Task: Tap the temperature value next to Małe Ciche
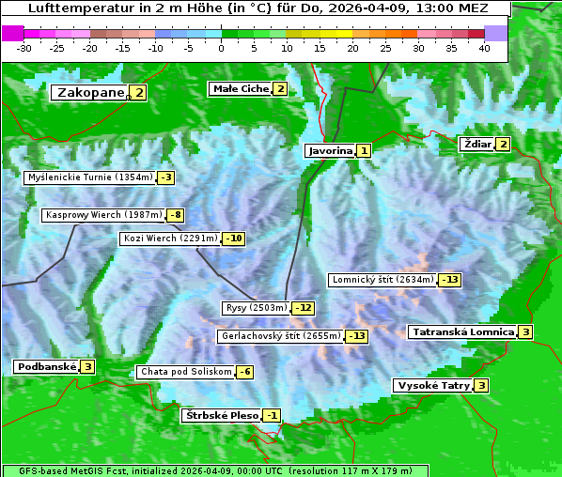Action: pos(280,89)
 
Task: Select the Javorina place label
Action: pos(329,150)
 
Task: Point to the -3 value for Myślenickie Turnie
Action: pos(166,177)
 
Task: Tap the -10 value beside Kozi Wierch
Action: pos(234,238)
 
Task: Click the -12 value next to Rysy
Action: pos(303,308)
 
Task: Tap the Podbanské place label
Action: pos(45,366)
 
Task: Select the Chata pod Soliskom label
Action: pos(184,372)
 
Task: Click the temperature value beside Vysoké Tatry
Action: pos(481,385)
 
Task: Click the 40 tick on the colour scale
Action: pos(484,47)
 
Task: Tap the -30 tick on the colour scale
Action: pos(24,47)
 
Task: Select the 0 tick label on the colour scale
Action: pos(222,47)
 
